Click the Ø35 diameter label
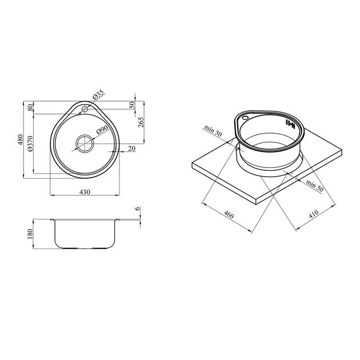98,94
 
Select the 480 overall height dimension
21,139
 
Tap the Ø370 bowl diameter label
30,144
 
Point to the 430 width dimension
85,192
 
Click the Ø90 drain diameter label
102,130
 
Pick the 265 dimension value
141,122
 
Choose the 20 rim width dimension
131,149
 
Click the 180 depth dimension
30,234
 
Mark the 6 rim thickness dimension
137,209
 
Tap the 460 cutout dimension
229,215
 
